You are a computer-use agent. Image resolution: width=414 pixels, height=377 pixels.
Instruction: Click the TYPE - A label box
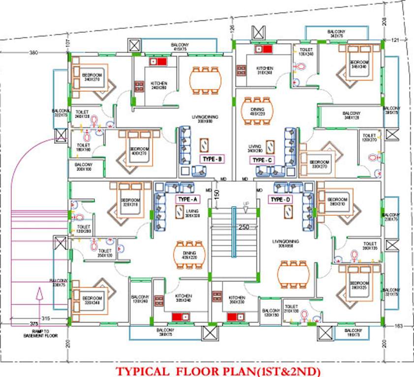(187, 199)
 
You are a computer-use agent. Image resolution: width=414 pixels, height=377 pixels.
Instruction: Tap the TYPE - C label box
(262, 160)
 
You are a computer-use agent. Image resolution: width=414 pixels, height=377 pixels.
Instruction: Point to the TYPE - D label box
(280, 199)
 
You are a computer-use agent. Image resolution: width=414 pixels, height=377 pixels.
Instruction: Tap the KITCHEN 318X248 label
(265, 70)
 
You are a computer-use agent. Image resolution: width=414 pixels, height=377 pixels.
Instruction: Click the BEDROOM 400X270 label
(139, 151)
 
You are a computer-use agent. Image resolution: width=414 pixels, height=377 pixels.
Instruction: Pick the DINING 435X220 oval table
(189, 254)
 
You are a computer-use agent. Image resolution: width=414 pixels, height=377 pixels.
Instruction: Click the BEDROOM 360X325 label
(359, 285)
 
